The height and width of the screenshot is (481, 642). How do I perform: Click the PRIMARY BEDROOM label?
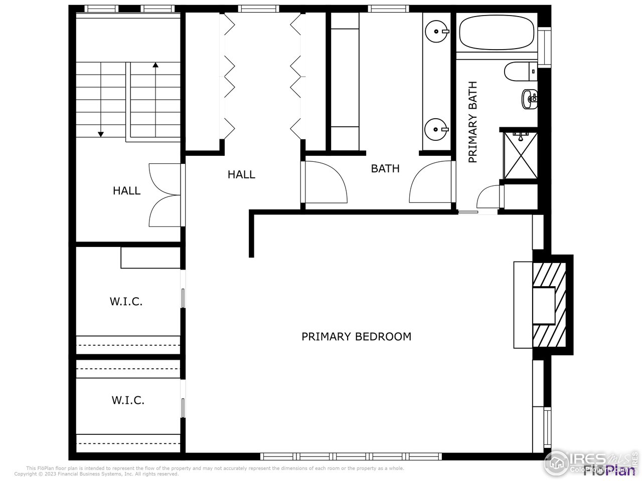pos(356,337)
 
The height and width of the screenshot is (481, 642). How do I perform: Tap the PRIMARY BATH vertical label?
pos(472,122)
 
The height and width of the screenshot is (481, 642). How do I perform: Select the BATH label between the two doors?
pos(385,169)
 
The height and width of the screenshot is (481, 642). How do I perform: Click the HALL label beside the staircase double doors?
pos(126,191)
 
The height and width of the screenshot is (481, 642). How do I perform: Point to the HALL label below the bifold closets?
pos(241,175)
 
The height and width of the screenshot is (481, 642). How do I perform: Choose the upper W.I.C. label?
pos(126,302)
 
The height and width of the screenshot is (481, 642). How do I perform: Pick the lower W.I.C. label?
pos(128,400)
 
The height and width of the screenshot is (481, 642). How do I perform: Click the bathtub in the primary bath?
pos(497,32)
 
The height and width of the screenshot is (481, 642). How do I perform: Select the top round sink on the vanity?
pos(436,32)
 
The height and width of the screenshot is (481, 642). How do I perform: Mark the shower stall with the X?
pos(520,155)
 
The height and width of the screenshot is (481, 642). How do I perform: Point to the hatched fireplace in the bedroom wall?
pos(550,305)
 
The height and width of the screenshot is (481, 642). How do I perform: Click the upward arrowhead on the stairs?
pos(155,65)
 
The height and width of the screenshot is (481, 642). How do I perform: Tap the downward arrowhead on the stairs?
pos(101,134)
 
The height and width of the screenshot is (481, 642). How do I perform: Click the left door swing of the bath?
pos(326,182)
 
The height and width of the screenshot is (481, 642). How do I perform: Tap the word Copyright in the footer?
pos(25,474)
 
